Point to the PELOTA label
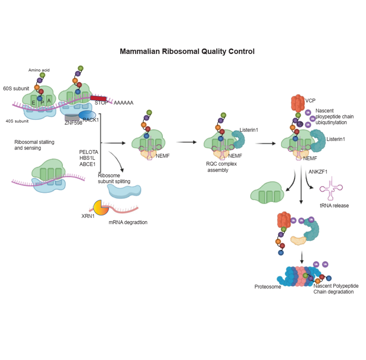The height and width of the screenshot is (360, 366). (88, 152)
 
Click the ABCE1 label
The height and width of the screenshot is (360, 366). (88, 164)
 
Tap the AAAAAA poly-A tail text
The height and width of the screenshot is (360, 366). (124, 102)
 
